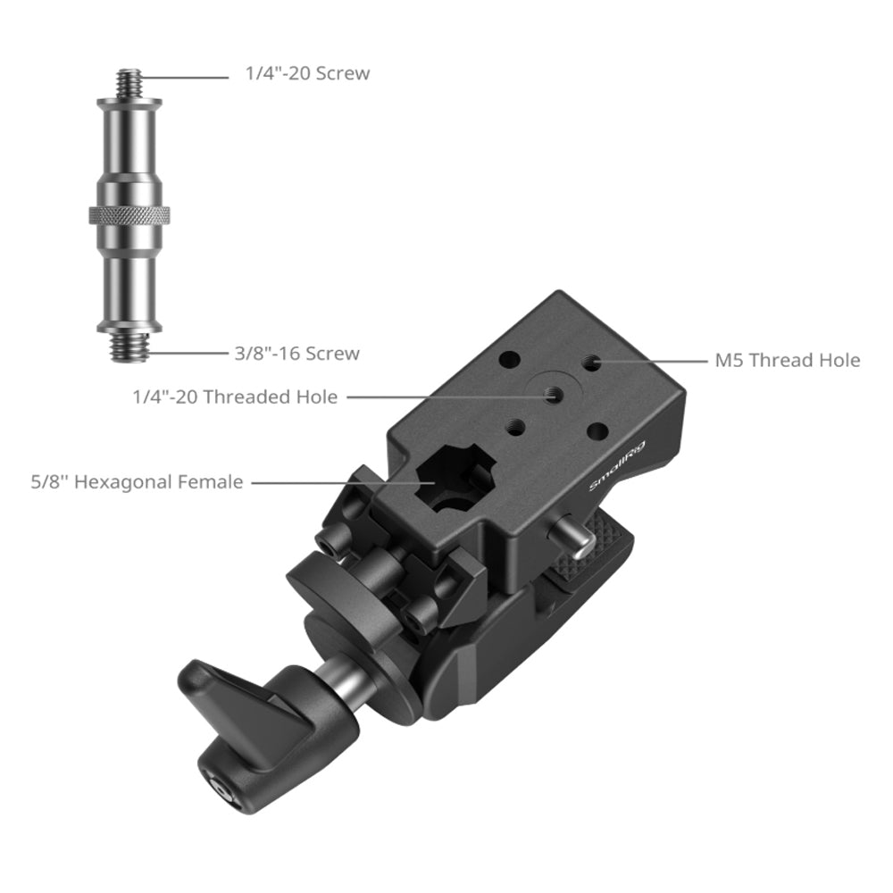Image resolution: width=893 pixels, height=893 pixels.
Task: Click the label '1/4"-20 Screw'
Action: coord(307,73)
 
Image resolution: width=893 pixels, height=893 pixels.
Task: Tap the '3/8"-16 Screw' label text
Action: coord(296,354)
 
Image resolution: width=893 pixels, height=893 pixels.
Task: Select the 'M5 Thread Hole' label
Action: coord(787,361)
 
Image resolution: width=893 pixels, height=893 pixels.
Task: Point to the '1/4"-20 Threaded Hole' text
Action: coord(235,397)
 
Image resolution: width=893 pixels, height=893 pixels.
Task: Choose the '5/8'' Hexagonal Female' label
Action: coord(137,482)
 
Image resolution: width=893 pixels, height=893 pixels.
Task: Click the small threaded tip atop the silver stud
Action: coord(129,83)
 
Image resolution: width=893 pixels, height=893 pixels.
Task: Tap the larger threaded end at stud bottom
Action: coord(129,347)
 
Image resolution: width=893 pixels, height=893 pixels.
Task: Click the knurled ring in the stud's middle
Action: coord(129,214)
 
